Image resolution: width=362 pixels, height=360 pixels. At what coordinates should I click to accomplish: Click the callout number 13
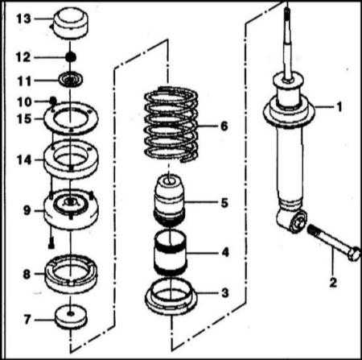pos(23,19)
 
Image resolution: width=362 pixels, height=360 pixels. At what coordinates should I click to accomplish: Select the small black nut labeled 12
pos(71,56)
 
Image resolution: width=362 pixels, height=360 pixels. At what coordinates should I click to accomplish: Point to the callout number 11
pos(24,81)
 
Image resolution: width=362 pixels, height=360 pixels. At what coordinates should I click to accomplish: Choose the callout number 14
pos(24,160)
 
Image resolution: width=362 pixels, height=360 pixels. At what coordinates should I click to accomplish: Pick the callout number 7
pos(27,320)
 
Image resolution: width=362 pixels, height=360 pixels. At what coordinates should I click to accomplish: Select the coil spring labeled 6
pos(171,125)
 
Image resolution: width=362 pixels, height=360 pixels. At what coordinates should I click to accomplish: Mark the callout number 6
pos(224,126)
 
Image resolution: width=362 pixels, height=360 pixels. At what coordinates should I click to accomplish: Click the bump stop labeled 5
pos(170,200)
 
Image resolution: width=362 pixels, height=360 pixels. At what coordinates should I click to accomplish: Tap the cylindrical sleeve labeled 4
pos(170,253)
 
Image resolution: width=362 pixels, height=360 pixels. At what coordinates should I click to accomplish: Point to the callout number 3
pos(224,292)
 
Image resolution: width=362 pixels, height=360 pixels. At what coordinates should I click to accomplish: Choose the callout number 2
pos(333,283)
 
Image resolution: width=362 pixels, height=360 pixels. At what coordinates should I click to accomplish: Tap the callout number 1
pos(339,107)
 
